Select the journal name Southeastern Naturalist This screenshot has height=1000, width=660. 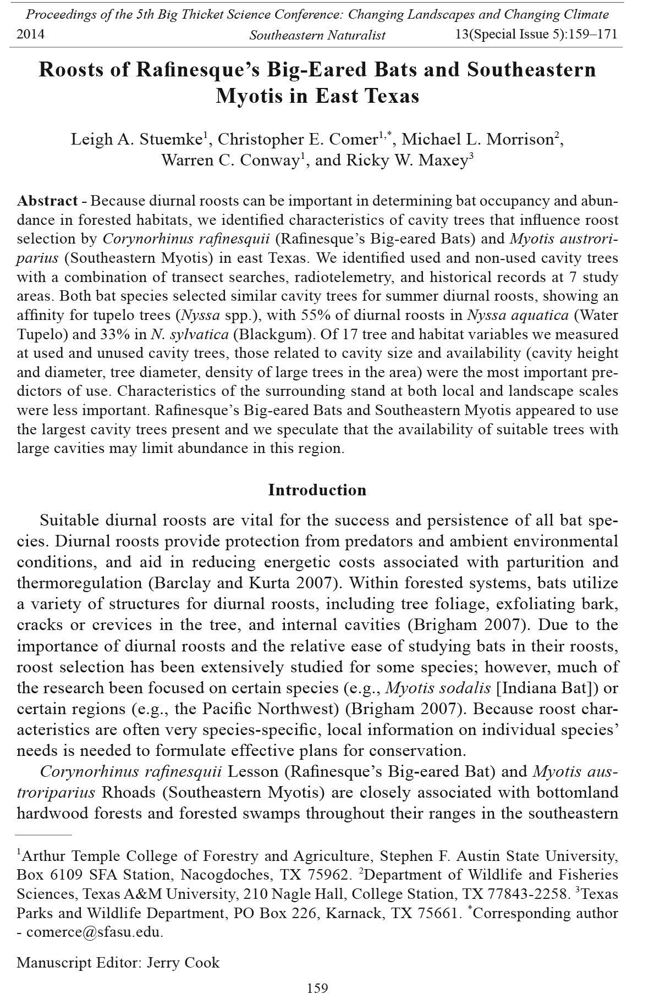click(x=317, y=36)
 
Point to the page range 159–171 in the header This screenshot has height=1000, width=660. click(x=589, y=35)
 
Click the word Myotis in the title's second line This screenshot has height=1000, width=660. click(x=249, y=96)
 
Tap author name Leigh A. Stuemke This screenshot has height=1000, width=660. click(x=138, y=140)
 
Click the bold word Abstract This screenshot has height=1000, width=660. click(x=47, y=201)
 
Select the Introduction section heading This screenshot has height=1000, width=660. click(x=317, y=490)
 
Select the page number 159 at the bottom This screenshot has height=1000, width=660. click(x=317, y=988)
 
